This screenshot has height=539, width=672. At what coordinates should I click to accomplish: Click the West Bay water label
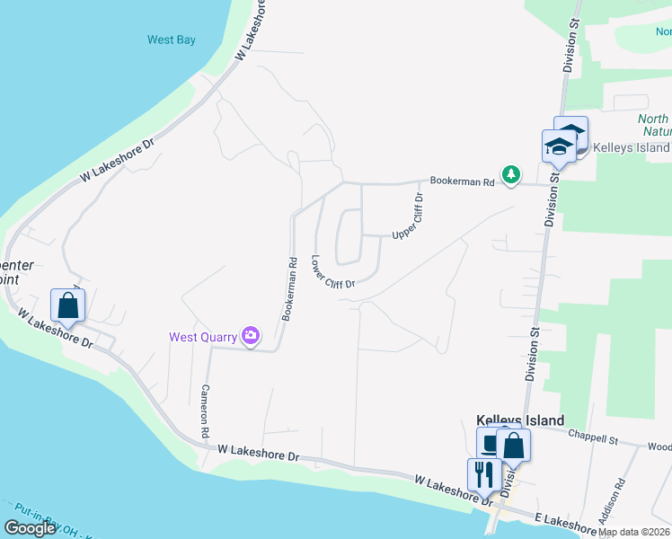click(x=171, y=40)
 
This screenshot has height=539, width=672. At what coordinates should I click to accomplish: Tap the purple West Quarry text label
click(x=203, y=337)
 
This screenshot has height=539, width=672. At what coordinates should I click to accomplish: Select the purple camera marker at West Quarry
click(x=251, y=337)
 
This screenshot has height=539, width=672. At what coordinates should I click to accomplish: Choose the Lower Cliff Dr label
click(x=333, y=271)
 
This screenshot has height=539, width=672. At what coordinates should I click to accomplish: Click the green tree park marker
click(x=511, y=174)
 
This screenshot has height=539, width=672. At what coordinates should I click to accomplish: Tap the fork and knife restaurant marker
click(x=483, y=474)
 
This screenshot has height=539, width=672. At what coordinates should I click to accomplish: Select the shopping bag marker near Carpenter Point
click(x=67, y=305)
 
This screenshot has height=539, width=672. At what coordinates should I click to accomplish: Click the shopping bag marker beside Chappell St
click(x=513, y=445)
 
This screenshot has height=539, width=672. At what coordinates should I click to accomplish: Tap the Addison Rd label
click(x=617, y=495)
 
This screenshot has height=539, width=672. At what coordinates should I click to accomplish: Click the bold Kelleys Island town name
click(x=520, y=420)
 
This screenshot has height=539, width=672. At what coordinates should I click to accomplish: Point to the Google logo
click(x=31, y=528)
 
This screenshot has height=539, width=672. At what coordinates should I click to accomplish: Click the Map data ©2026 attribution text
click(x=633, y=532)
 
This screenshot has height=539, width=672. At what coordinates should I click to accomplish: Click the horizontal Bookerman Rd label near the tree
click(x=462, y=181)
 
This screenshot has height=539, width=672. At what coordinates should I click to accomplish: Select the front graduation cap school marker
click(x=559, y=147)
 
